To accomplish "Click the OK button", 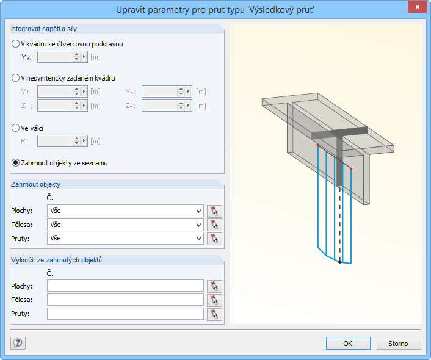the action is [x=348, y=344].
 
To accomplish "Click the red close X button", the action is [x=417, y=7].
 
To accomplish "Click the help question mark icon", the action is [x=18, y=343].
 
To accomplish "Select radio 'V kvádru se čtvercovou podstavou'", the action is [x=15, y=44].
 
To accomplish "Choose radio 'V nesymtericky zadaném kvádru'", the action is [x=15, y=78].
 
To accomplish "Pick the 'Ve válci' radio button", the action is [x=15, y=128].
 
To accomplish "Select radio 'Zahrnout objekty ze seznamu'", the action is [x=15, y=163].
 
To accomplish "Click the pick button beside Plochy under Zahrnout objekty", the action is [x=214, y=211].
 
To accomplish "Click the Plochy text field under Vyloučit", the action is [x=125, y=286].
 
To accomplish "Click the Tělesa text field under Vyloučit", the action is [x=125, y=300].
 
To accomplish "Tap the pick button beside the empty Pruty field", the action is [x=214, y=314].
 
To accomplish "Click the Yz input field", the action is [x=56, y=57].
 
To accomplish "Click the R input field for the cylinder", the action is [x=56, y=141].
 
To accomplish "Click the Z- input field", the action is [x=160, y=106].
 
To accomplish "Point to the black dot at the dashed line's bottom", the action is [x=340, y=262].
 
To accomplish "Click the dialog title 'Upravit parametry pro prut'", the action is [x=180, y=10].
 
